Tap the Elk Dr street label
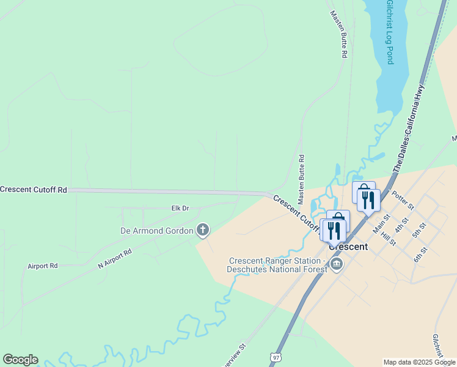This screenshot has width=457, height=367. pos(180,209)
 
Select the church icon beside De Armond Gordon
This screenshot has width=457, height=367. pos(203,231)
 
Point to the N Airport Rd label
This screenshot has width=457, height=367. pos(115,260)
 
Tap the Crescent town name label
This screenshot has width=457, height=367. pos(348,247)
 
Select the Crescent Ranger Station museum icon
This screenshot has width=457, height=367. pos(336,264)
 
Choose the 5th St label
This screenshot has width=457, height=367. pos(419,231)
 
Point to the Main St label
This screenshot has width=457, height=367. pos(381,223)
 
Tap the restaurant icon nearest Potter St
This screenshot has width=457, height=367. pos(368,200)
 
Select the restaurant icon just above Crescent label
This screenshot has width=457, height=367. pos(334,230)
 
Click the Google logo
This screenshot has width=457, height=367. pos(20,360)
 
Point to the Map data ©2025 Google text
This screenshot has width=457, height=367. pos(419,362)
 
